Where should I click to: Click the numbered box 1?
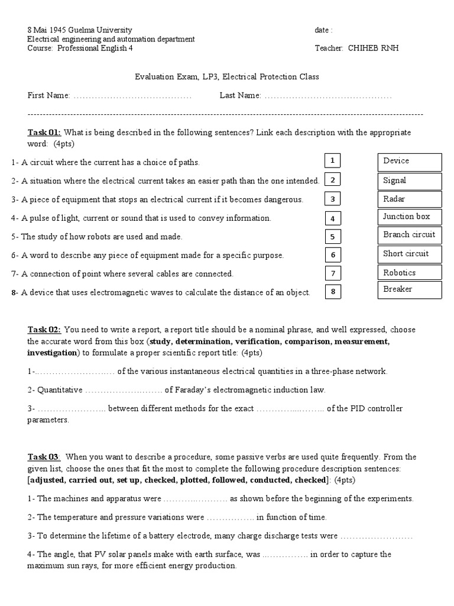333,160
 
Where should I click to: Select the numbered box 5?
333,237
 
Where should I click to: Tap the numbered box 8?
333,291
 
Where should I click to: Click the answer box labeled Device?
410,162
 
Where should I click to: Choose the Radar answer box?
410,199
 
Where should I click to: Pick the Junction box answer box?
410,217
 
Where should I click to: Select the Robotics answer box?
410,273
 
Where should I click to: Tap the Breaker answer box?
410,290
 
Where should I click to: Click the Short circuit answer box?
410,254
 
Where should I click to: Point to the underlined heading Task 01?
44,133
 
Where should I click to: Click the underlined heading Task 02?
44,330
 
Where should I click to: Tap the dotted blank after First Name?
132,95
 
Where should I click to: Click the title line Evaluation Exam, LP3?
226,77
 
